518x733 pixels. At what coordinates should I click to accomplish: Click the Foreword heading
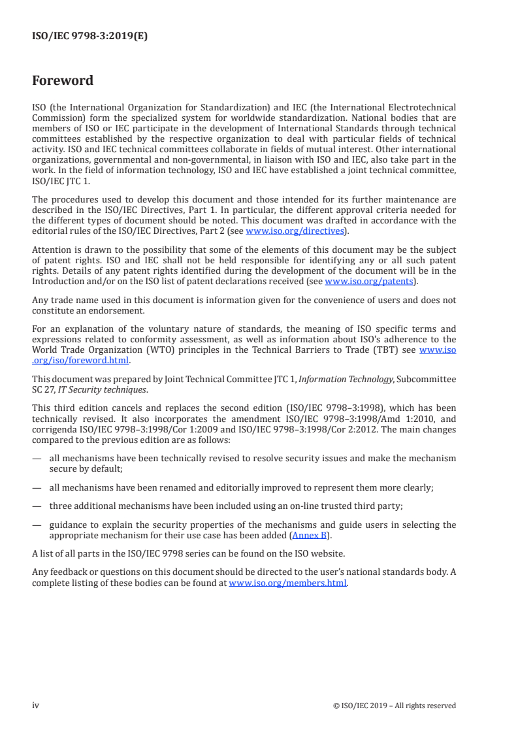[x=63, y=81]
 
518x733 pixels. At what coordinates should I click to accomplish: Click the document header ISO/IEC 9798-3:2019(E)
[x=89, y=37]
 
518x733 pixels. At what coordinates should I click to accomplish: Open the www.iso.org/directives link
[x=295, y=230]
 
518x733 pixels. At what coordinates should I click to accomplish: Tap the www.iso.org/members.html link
[x=288, y=583]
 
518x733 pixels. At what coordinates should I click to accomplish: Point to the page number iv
[x=36, y=705]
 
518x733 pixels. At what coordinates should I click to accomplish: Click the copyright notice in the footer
[x=394, y=706]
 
